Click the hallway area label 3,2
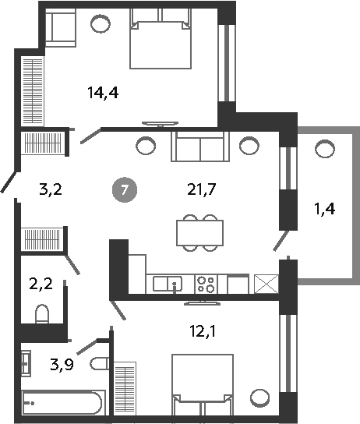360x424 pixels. [x=49, y=188]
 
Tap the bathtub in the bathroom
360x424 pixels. [x=61, y=404]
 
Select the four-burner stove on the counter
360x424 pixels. [x=206, y=283]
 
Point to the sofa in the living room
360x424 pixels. [x=199, y=146]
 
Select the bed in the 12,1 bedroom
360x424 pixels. [x=202, y=382]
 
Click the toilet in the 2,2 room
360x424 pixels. [x=43, y=313]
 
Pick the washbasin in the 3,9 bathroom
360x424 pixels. [x=26, y=362]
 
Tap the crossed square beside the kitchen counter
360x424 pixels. [x=266, y=284]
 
